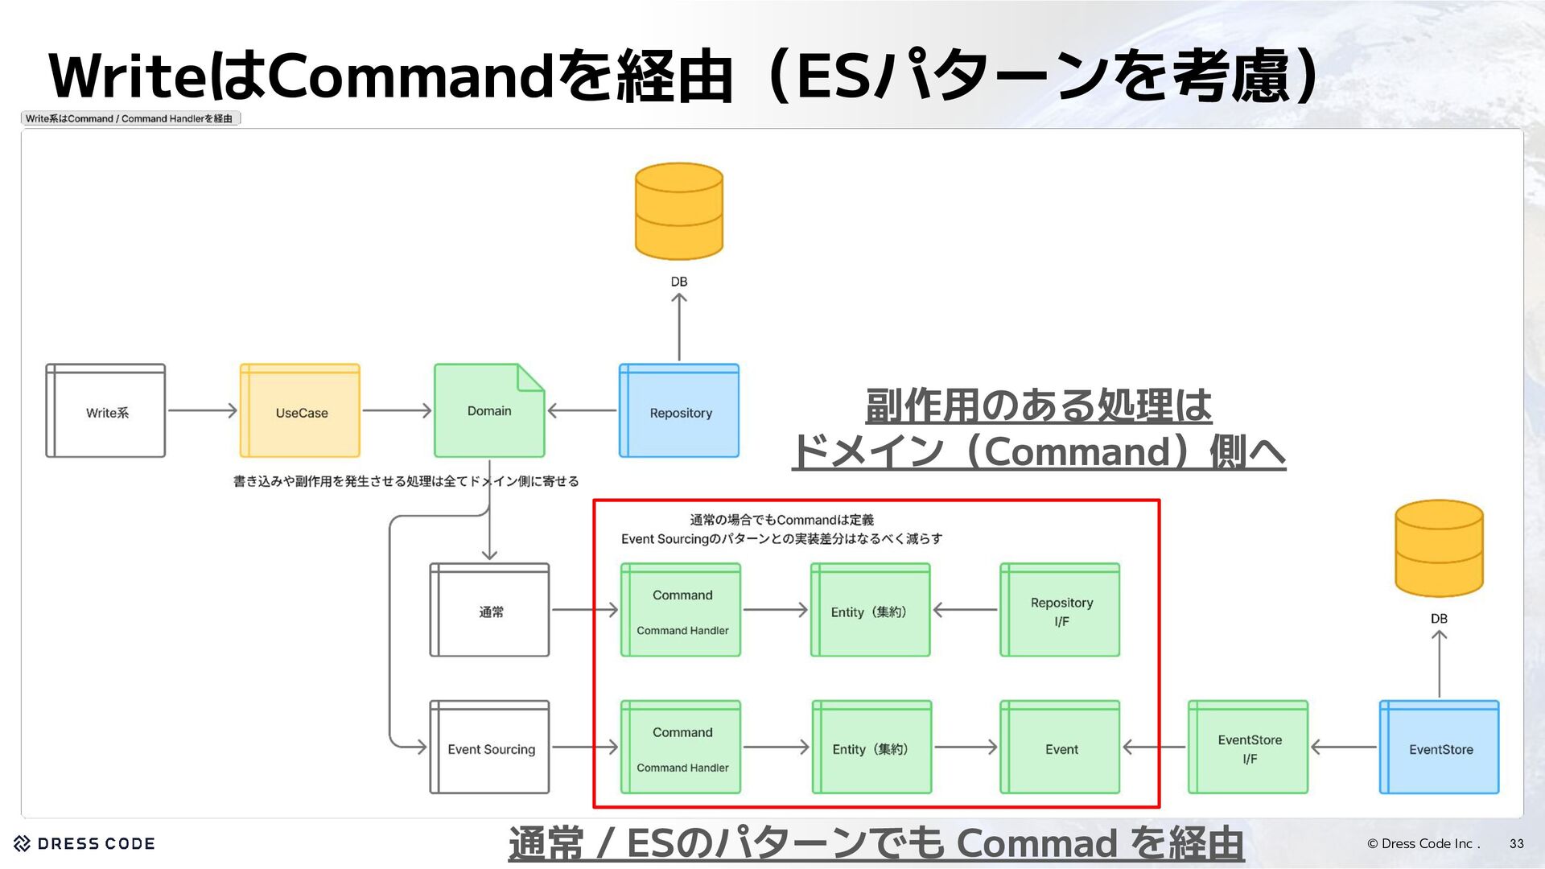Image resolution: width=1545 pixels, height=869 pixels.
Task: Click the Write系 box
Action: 105,411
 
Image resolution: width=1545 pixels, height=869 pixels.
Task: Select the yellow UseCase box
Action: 300,411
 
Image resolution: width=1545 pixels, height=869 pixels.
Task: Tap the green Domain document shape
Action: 489,411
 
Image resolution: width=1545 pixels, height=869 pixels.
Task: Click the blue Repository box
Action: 679,411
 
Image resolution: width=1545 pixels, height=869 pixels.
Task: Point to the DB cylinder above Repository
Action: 679,211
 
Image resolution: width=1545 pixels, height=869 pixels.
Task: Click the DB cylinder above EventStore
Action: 1439,548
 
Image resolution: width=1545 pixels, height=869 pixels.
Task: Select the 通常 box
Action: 489,610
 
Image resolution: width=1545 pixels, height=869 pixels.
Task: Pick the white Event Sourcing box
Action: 489,748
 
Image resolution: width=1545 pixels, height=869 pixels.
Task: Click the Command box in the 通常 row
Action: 681,610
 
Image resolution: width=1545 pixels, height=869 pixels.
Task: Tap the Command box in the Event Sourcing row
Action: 681,748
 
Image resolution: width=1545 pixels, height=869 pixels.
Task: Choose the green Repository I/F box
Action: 1060,610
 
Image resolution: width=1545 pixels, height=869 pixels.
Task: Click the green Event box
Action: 1060,748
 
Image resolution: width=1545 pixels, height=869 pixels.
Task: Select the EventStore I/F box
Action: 1248,748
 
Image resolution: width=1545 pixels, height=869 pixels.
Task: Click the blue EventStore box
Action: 1439,748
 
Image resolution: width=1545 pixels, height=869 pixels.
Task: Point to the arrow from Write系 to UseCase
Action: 202,411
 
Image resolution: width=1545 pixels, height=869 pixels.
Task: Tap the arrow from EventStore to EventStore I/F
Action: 1344,748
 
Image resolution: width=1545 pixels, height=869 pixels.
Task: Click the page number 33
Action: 1516,844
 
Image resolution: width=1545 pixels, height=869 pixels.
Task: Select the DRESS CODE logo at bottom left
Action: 84,844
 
